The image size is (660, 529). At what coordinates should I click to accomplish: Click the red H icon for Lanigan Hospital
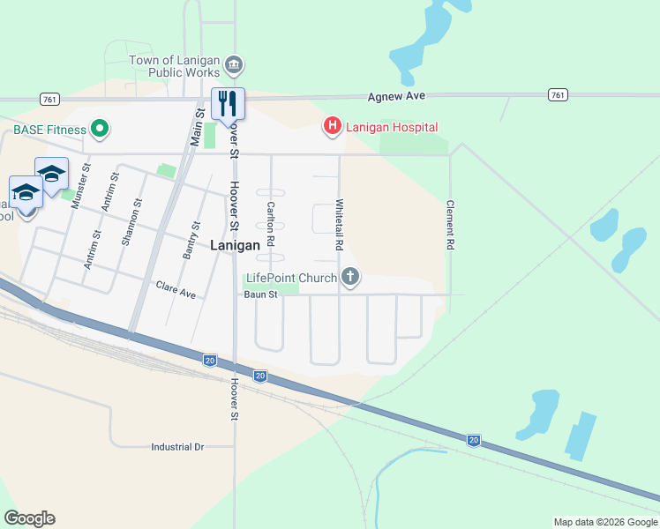pos(333,127)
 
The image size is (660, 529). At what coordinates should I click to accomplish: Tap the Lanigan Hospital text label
pos(391,127)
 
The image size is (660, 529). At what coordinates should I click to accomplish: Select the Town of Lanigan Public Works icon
pos(234,64)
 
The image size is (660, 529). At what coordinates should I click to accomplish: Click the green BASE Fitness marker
pos(100,130)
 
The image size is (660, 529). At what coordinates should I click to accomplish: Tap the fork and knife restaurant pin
pos(228,102)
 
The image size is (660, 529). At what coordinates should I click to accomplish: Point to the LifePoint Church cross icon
pos(350,278)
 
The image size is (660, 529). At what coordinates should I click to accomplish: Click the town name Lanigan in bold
pos(235,246)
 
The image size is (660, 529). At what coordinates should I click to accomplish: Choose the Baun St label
pos(261,294)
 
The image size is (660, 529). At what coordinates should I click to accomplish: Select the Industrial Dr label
pos(177,447)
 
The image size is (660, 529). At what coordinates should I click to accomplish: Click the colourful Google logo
pos(29,518)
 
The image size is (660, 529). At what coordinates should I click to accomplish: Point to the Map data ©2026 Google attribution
pos(604,522)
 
